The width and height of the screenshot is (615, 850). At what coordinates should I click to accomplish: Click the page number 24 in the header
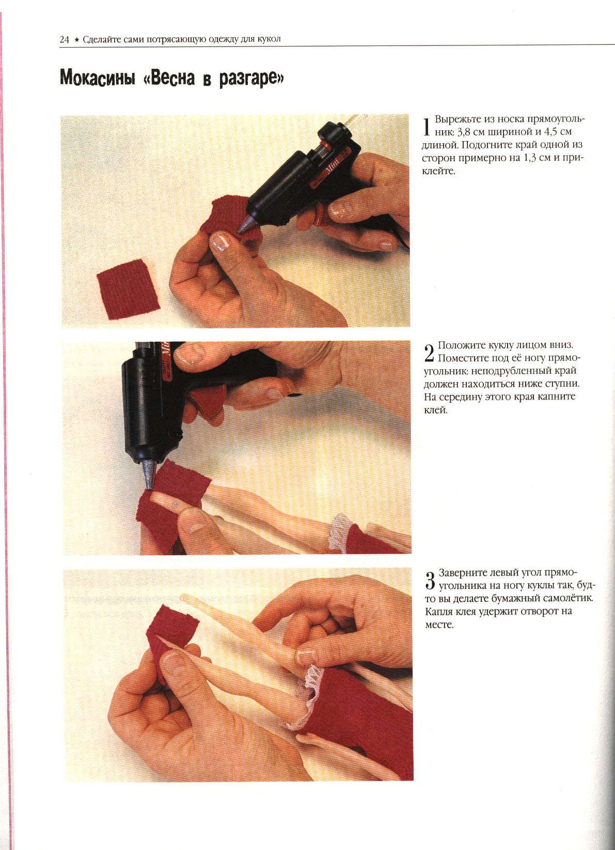pyautogui.click(x=64, y=39)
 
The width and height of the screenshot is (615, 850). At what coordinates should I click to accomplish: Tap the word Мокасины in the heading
pyautogui.click(x=98, y=78)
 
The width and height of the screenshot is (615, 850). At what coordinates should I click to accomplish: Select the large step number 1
pyautogui.click(x=427, y=127)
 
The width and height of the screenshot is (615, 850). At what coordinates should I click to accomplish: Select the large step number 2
pyautogui.click(x=429, y=353)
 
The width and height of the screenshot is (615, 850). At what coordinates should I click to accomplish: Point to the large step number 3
pyautogui.click(x=430, y=581)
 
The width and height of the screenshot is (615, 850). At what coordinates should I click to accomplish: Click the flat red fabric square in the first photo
pyautogui.click(x=128, y=289)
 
